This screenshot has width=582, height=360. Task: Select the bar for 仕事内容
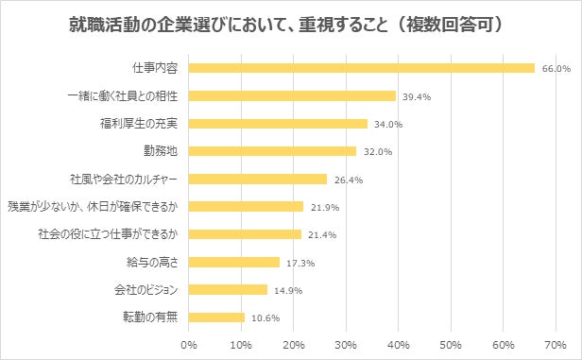click(362, 68)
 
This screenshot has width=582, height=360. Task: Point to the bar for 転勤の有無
click(216, 317)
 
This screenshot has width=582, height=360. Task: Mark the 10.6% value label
click(264, 317)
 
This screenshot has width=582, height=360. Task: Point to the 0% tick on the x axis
click(189, 343)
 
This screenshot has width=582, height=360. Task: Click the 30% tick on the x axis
click(347, 343)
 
